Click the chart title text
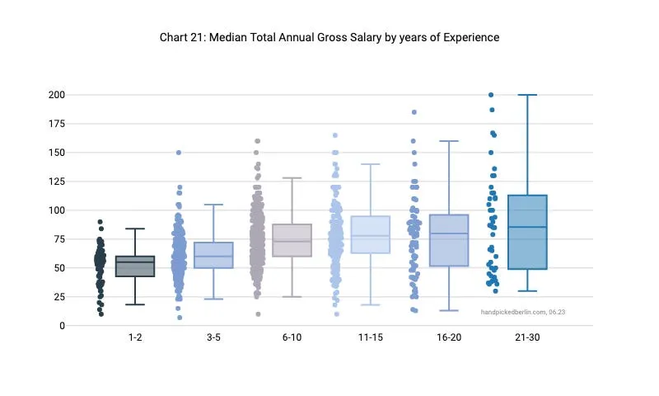(329, 37)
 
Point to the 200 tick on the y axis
(56, 95)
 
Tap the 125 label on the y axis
(56, 181)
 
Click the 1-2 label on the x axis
(135, 338)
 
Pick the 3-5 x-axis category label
(213, 338)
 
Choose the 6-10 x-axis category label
(292, 338)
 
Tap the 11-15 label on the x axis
(370, 338)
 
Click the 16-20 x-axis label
(448, 338)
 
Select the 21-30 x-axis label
(527, 338)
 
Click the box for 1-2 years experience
(135, 266)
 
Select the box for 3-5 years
(213, 255)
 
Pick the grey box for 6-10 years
(292, 240)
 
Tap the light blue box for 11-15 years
(370, 234)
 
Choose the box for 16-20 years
(449, 240)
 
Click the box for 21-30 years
(527, 232)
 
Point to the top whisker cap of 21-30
(527, 95)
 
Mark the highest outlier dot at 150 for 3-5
(179, 153)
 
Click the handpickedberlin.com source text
(523, 312)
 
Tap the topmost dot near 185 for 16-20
(414, 112)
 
